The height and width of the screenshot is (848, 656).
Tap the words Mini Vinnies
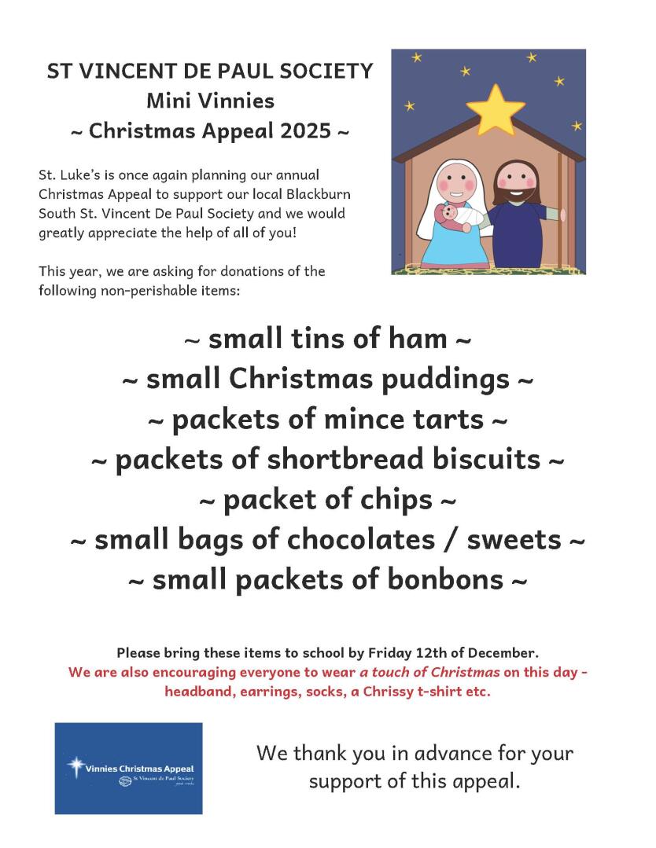point(210,101)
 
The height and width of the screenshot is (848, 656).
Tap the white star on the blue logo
point(76,766)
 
